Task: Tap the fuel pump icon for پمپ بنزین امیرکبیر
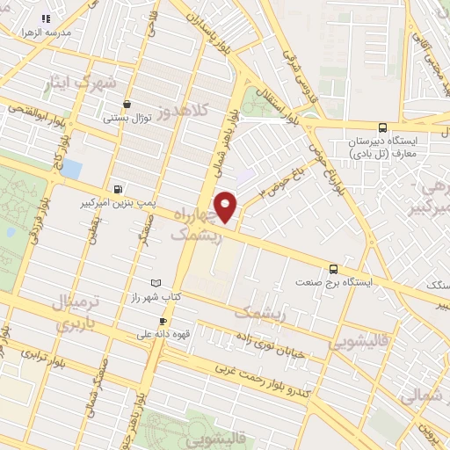119,189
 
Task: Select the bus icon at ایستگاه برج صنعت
334,269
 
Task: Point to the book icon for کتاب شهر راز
156,283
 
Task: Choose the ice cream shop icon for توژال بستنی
128,103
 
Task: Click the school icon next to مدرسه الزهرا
46,18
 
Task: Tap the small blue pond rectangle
72,167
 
